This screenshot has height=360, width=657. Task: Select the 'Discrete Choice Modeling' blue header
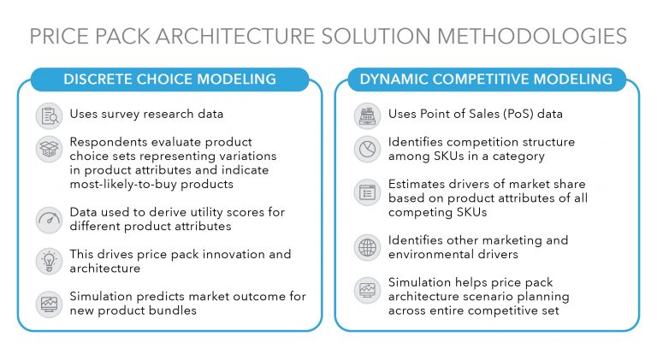(169, 80)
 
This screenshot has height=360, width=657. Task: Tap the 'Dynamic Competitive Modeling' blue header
(486, 80)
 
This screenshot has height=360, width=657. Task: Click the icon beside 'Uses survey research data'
(49, 115)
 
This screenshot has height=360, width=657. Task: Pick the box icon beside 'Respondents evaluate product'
(49, 149)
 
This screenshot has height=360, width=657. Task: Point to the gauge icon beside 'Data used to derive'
(49, 220)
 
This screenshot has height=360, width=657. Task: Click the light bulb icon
(49, 261)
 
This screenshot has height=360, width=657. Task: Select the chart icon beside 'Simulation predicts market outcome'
(49, 303)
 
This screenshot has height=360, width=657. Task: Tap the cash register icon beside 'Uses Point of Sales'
(365, 115)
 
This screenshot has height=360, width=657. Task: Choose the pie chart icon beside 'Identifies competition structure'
(365, 149)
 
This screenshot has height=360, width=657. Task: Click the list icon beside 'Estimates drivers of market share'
(365, 192)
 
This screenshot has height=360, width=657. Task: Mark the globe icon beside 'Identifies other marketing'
(365, 248)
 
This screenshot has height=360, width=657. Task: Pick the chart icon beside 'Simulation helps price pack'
(365, 291)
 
